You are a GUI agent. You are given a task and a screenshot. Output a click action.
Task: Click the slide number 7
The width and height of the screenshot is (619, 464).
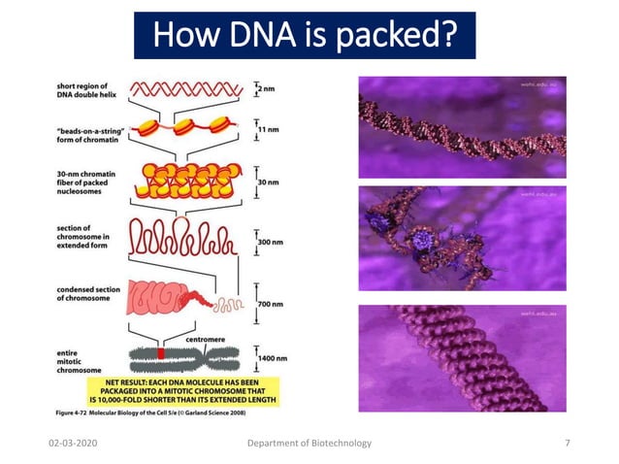567,443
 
